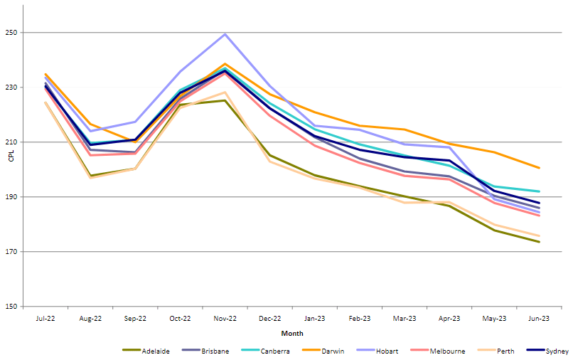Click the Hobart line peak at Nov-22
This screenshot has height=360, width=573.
pos(225,34)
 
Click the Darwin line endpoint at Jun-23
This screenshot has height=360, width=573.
pos(540,168)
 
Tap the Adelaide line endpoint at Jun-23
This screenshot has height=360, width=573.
pos(540,242)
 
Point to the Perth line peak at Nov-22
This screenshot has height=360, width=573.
pos(225,92)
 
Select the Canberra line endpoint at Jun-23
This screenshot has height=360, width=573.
pos(540,191)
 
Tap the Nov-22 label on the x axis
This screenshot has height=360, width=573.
pos(225,319)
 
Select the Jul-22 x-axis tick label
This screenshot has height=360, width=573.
pos(45,319)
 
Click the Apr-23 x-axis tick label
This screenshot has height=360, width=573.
pos(450,319)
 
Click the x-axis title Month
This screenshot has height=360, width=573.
pos(292,333)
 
